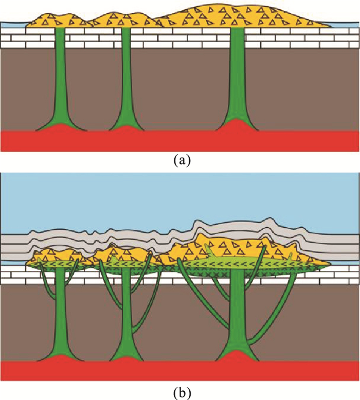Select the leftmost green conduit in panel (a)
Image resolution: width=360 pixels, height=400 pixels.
[x=60, y=82]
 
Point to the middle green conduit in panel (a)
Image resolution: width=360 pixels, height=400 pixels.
[x=125, y=82]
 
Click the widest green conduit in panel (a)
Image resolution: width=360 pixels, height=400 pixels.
[x=237, y=82]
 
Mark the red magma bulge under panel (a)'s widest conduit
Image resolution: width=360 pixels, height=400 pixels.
[x=237, y=126]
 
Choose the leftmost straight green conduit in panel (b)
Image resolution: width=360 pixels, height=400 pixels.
[x=60, y=314]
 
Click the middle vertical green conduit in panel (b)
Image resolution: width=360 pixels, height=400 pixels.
[x=124, y=314]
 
